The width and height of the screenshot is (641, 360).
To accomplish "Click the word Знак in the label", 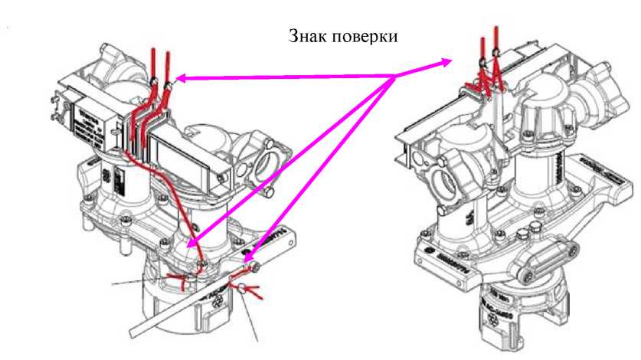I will pyautogui.click(x=307, y=36).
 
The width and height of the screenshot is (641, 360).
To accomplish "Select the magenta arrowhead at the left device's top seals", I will pyautogui.click(x=181, y=77).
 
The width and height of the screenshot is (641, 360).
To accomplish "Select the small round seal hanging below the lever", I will pyautogui.click(x=241, y=290).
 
